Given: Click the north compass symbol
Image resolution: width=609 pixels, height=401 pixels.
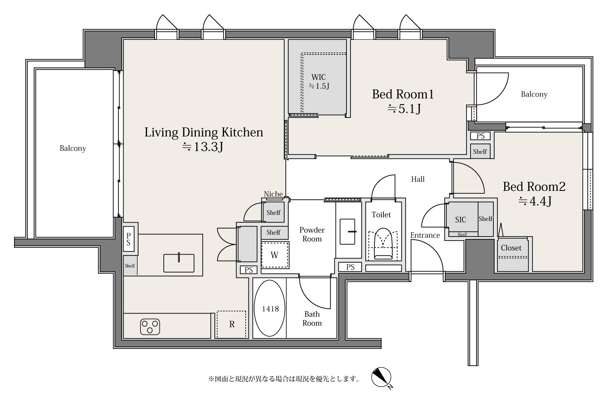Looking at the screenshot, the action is pyautogui.click(x=381, y=378).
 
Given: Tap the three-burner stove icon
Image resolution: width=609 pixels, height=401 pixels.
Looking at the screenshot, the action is pyautogui.click(x=150, y=326).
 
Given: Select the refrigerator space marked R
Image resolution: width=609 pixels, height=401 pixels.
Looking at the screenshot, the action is pyautogui.click(x=231, y=324).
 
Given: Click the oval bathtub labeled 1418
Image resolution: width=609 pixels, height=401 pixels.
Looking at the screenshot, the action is pyautogui.click(x=270, y=308).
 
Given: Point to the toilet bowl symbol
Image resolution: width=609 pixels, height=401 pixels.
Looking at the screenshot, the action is pyautogui.click(x=383, y=244).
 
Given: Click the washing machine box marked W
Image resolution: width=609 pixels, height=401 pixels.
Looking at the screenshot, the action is pyautogui.click(x=275, y=255).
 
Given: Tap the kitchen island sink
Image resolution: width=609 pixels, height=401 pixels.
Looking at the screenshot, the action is pyautogui.click(x=179, y=263).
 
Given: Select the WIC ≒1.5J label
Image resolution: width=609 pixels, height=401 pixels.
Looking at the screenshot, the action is pyautogui.click(x=319, y=81).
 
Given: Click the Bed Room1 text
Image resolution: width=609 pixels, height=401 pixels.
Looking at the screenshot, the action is pyautogui.click(x=403, y=94).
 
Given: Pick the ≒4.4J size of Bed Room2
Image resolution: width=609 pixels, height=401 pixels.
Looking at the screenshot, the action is pyautogui.click(x=534, y=201).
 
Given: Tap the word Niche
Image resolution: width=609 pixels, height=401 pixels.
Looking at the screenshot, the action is pyautogui.click(x=273, y=194).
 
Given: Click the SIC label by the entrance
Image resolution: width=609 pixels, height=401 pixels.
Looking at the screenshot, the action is pyautogui.click(x=460, y=220).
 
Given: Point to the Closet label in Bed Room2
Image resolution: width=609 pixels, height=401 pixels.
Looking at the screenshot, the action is pyautogui.click(x=511, y=248).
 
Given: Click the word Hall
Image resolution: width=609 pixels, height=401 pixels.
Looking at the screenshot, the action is pyautogui.click(x=418, y=179).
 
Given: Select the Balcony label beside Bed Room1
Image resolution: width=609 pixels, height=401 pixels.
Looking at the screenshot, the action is pyautogui.click(x=534, y=95).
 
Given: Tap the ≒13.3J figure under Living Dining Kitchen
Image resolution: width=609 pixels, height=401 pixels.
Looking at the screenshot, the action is pyautogui.click(x=203, y=147).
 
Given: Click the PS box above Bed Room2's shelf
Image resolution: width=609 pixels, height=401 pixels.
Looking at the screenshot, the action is pyautogui.click(x=481, y=136).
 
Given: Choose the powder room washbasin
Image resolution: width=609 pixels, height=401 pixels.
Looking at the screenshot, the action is pyautogui.click(x=348, y=232).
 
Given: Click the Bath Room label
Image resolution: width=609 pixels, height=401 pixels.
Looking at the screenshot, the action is pyautogui.click(x=312, y=318).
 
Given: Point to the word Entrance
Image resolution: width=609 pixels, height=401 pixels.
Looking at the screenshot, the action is pyautogui.click(x=425, y=235).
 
